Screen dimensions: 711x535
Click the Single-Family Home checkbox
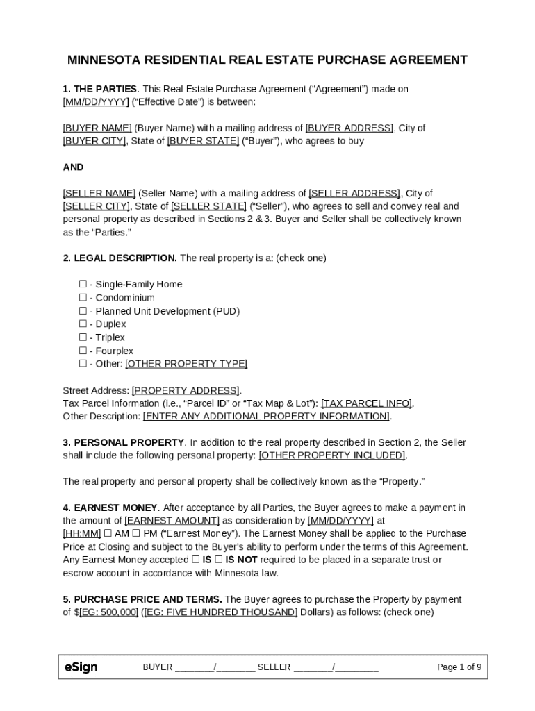[x=83, y=284]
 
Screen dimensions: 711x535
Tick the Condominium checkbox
[x=83, y=297]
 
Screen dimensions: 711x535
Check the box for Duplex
[x=83, y=324]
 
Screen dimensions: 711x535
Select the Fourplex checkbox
[x=83, y=351]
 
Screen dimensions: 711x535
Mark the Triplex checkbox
[x=83, y=337]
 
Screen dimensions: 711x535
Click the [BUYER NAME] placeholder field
[x=97, y=128]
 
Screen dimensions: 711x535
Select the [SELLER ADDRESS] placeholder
[x=354, y=193]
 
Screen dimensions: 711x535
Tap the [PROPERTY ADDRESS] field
[x=186, y=390]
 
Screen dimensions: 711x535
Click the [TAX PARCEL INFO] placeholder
[x=366, y=403]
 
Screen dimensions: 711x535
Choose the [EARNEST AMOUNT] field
[x=172, y=520]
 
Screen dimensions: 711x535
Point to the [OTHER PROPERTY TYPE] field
[x=186, y=364]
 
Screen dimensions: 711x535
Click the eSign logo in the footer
[x=81, y=667]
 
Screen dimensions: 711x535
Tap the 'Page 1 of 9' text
[x=459, y=667]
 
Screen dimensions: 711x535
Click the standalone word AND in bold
[x=73, y=167]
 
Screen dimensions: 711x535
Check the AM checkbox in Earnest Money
[x=108, y=533]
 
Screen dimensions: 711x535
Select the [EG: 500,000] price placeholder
[x=108, y=612]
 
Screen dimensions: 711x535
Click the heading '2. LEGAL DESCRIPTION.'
[x=120, y=258]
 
